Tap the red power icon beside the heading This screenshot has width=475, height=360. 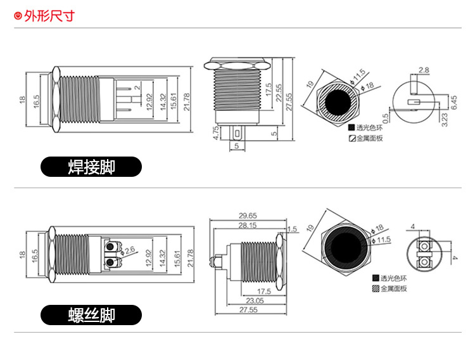point(18,16)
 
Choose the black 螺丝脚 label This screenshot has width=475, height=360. point(91,315)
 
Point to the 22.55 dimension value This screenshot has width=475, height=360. point(279,93)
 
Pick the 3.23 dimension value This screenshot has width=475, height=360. point(444,119)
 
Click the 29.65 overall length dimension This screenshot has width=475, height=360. point(248,215)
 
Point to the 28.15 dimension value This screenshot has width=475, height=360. point(248,225)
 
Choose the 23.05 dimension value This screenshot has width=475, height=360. point(255,300)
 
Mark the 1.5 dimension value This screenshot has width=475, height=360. point(292,229)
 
